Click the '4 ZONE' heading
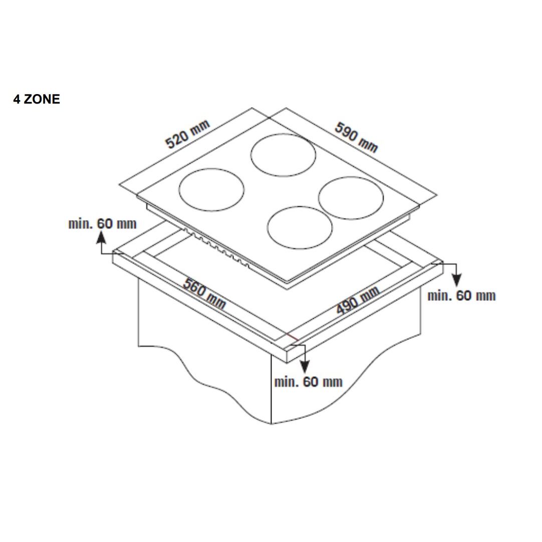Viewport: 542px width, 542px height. coord(37,99)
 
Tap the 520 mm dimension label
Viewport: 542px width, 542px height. coord(187,134)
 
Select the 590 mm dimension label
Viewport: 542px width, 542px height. coord(356,137)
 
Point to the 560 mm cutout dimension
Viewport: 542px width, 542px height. coord(204,293)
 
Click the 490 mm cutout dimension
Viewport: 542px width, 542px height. coord(358,300)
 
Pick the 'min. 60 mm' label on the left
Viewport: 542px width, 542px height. coord(102,224)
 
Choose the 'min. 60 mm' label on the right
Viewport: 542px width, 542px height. coord(461,296)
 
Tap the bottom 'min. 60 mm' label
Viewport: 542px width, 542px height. coord(308,382)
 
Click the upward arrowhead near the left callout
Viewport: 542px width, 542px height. coord(101,238)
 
